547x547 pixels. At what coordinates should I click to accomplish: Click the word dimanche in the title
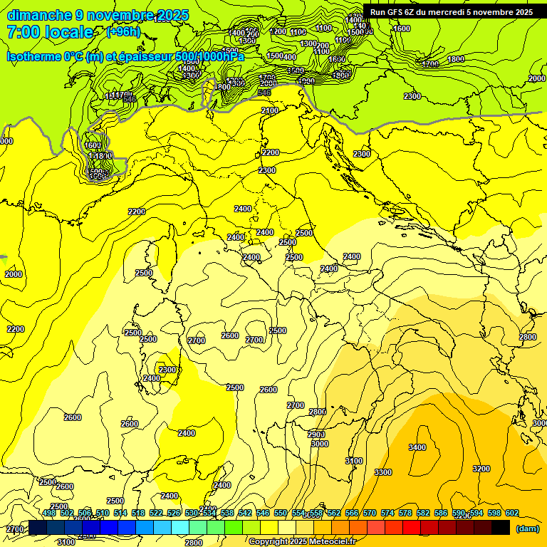(x=39, y=15)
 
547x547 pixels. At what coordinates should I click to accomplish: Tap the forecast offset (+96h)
(x=123, y=32)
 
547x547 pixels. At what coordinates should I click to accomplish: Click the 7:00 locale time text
(x=49, y=32)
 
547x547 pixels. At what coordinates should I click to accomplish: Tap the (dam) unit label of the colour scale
(x=527, y=528)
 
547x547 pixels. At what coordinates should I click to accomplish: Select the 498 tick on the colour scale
(x=49, y=513)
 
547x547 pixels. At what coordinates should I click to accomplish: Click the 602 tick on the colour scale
(x=512, y=513)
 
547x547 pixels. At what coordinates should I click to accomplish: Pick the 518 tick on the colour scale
(x=138, y=513)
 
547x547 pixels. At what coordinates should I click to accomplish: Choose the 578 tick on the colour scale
(x=405, y=513)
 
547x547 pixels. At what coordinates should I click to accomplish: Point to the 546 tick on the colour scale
(x=263, y=513)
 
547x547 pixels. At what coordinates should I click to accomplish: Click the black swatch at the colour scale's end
(x=501, y=527)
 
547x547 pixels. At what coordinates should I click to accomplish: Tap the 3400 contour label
(x=417, y=447)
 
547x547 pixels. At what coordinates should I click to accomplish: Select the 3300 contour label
(x=383, y=472)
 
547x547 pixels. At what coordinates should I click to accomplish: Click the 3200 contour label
(x=481, y=469)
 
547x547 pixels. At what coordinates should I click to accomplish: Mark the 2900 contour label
(x=316, y=434)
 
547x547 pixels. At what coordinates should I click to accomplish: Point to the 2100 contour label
(x=269, y=110)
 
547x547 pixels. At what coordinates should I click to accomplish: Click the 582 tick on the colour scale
(x=423, y=513)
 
